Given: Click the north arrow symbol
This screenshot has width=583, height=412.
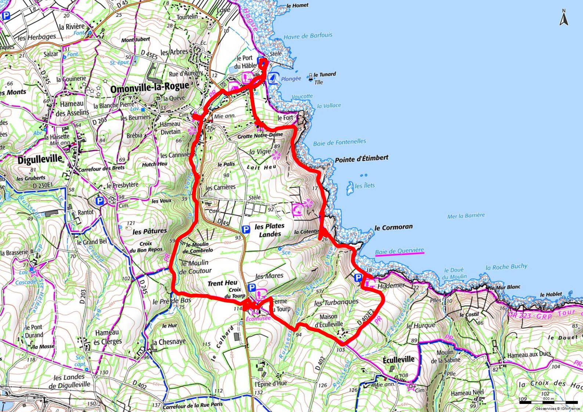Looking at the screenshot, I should point(564,18).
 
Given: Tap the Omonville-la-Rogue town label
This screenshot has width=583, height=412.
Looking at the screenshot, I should point(150,88).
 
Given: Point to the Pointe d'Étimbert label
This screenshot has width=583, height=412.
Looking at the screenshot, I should point(361,159).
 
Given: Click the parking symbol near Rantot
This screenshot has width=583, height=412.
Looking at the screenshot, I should point(99,201).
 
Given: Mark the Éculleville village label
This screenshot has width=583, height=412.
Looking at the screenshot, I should point(398,359).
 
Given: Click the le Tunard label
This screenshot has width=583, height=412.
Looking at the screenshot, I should point(324,74).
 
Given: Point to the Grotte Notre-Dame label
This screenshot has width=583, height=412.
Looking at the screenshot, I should point(260,135).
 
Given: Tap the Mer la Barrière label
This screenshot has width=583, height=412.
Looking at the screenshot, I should point(466,216).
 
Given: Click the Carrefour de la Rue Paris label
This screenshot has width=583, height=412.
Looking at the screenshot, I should point(193,405).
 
